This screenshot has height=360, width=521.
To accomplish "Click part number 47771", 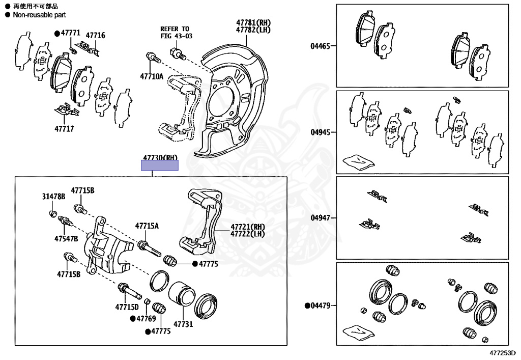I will [x=71, y=33].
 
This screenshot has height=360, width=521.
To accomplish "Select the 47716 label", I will [x=95, y=35].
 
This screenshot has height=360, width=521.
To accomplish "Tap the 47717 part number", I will [x=65, y=129].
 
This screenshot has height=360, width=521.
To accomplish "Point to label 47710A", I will [x=152, y=77].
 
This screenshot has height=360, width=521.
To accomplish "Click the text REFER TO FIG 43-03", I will [x=175, y=33].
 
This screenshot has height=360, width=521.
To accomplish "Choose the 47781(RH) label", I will [x=253, y=23].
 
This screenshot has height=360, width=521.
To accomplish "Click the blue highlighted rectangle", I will [x=160, y=165].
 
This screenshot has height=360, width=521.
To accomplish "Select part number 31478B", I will [x=53, y=197].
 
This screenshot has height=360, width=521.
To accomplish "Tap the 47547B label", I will [x=67, y=238].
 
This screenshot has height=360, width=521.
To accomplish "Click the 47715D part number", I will [x=127, y=307].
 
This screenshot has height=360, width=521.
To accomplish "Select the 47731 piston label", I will [x=183, y=324].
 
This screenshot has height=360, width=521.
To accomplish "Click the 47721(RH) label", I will [x=248, y=227].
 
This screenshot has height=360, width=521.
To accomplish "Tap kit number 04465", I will [x=321, y=46].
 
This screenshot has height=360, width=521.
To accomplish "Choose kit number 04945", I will [x=321, y=132].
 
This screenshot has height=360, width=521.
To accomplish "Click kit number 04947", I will [x=321, y=218].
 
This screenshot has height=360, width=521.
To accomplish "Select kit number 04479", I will [x=321, y=306].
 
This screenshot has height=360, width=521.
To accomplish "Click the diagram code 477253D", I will [x=503, y=352].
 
